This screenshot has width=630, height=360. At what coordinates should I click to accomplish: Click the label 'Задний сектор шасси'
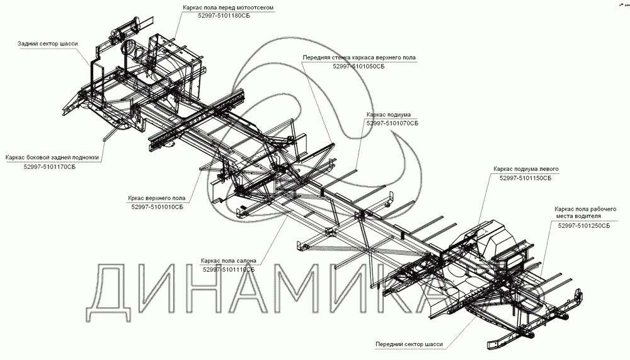48,44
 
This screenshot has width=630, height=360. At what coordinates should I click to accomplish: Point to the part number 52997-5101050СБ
358,66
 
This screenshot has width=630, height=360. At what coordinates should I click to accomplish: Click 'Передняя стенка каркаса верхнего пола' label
359,57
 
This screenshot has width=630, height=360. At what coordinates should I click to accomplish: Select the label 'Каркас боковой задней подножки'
52,158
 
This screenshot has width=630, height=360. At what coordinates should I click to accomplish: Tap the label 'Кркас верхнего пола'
156,197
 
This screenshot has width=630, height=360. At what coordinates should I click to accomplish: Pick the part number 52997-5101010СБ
157,206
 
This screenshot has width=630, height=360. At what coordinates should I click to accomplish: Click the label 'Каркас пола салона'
227,260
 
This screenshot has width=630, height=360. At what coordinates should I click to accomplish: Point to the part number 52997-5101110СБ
229,269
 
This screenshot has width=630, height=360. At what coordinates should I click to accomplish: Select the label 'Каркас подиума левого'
526,169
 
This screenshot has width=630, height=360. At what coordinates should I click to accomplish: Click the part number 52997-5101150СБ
525,178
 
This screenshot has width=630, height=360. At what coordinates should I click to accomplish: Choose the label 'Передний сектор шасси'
409,345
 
